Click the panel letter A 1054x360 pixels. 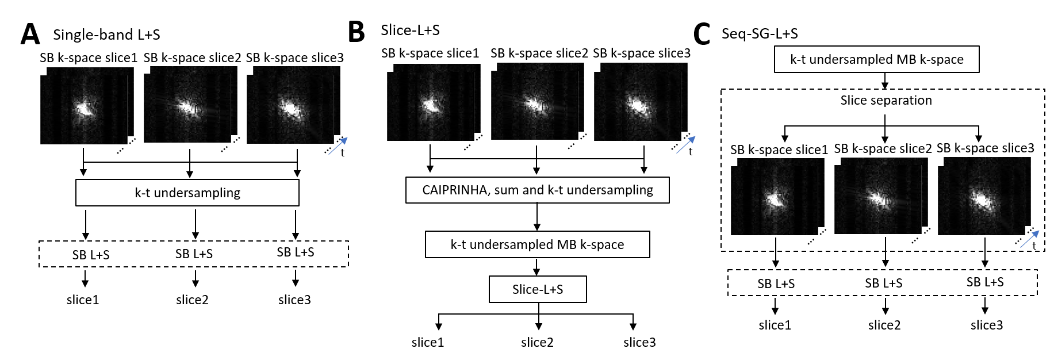click(x=30, y=35)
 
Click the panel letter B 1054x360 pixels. click(x=357, y=32)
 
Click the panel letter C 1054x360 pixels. click(x=702, y=34)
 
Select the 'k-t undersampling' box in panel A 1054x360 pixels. click(x=187, y=193)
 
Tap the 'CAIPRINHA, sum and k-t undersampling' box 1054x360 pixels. click(x=537, y=190)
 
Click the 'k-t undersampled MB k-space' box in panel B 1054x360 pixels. click(x=537, y=244)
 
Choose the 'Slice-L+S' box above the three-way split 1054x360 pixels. click(x=538, y=289)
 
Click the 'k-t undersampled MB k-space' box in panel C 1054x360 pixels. click(x=876, y=59)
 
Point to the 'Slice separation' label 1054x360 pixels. click(x=886, y=101)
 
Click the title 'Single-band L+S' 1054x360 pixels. click(x=106, y=35)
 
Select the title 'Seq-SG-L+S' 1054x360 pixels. click(x=760, y=34)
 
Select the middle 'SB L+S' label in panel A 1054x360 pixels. click(x=194, y=254)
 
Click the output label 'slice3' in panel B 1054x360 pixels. click(x=639, y=342)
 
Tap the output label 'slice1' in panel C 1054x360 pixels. click(x=775, y=325)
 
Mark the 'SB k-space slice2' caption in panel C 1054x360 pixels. click(x=883, y=149)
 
